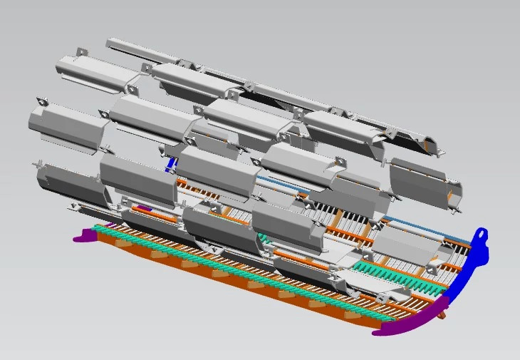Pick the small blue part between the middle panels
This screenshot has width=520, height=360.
[x=170, y=164]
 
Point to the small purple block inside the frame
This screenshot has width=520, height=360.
[x=144, y=208]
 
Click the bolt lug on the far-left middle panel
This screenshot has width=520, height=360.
[x=41, y=103]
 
